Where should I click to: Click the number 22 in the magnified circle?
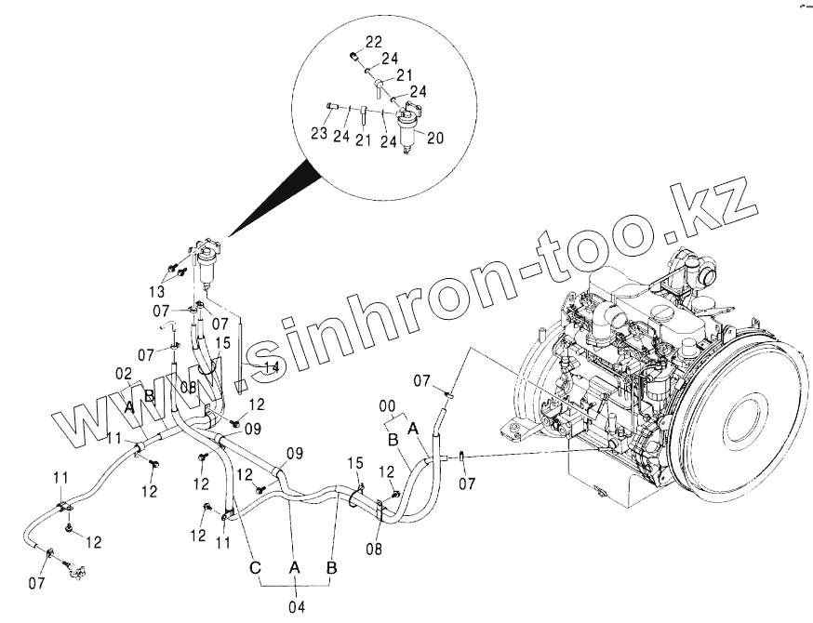click(373, 42)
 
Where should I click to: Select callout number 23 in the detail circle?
click(319, 134)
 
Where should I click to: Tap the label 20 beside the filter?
click(433, 137)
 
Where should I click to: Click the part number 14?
click(270, 369)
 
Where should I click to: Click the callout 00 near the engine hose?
click(386, 405)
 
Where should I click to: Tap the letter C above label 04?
click(253, 566)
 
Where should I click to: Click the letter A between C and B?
click(293, 566)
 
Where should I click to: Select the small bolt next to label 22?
click(354, 56)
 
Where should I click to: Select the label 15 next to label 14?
click(222, 343)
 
